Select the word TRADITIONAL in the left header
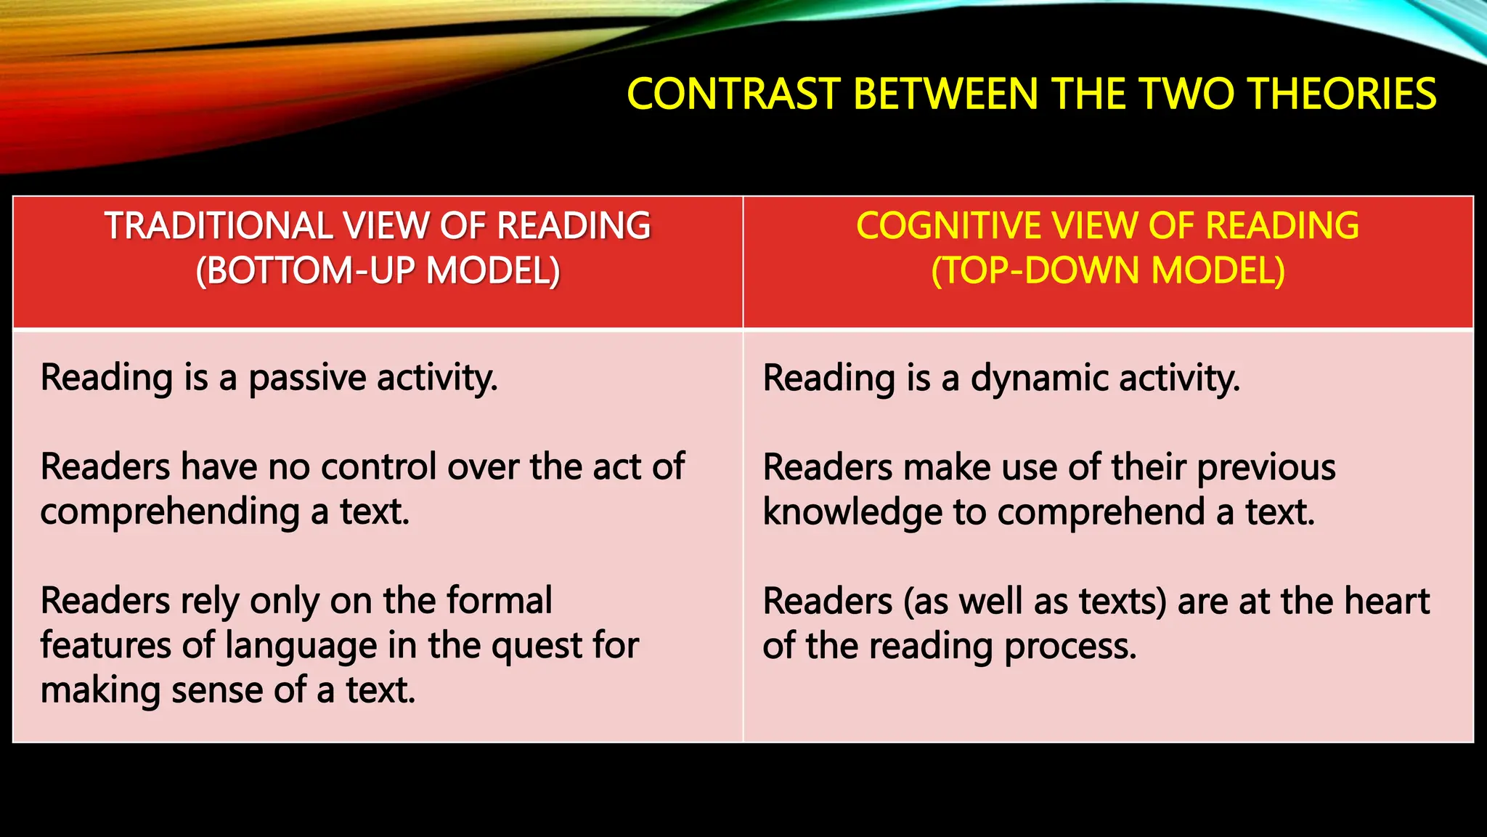218,226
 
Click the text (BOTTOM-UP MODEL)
378,271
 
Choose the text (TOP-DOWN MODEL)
1108,271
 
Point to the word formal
499,601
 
